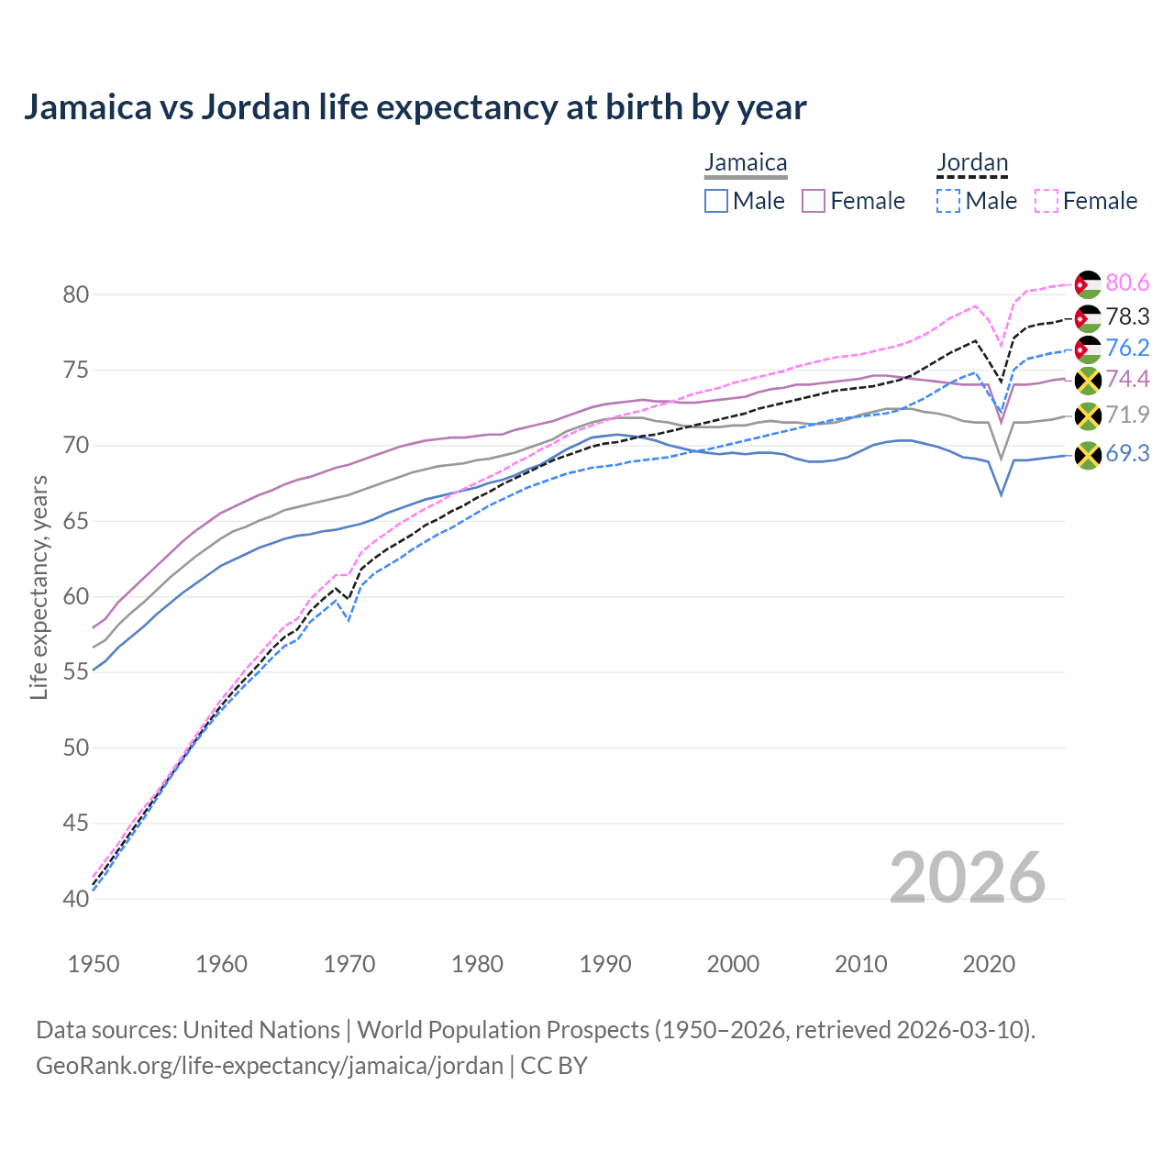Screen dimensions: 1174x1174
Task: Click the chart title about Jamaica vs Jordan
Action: [x=415, y=107]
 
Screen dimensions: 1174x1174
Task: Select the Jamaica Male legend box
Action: [x=716, y=201]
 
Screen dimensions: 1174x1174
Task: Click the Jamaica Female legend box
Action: [x=814, y=201]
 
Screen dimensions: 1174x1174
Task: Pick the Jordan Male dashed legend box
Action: [x=948, y=201]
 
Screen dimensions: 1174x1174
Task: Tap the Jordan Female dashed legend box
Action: [x=1047, y=201]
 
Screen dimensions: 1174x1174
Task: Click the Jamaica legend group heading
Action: [x=746, y=163]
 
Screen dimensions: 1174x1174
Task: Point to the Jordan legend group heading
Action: [x=972, y=163]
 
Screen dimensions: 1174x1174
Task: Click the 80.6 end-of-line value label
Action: [x=1127, y=283]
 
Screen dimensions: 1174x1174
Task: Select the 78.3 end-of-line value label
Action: [x=1127, y=316]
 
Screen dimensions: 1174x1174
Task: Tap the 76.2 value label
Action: [x=1127, y=348]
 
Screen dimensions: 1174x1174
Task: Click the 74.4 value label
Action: [x=1127, y=380]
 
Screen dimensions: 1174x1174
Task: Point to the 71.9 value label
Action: [x=1127, y=415]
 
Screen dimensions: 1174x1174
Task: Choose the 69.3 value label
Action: [x=1127, y=453]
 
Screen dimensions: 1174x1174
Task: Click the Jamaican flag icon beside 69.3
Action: [x=1088, y=455]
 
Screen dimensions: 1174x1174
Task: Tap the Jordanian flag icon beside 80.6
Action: [x=1088, y=285]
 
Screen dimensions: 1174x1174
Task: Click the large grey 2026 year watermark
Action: [x=968, y=878]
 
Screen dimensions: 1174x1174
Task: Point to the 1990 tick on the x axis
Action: [x=605, y=964]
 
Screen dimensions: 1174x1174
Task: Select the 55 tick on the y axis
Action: [x=76, y=672]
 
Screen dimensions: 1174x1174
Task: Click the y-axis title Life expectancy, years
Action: [x=39, y=587]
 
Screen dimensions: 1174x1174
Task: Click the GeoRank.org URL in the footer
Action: [x=269, y=1066]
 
